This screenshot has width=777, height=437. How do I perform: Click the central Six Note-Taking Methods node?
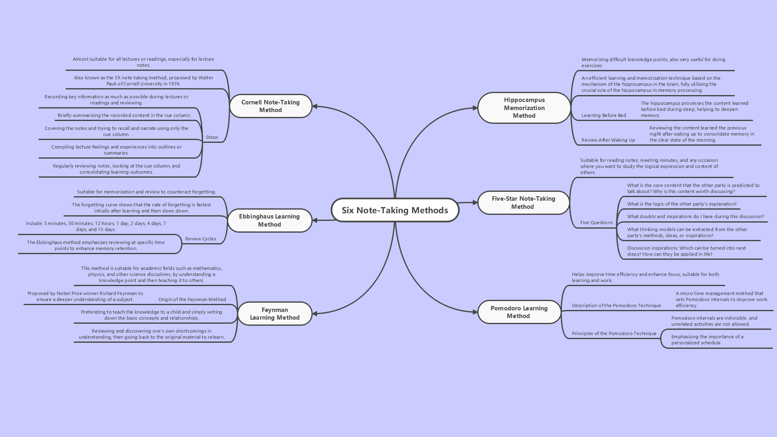(x=395, y=210)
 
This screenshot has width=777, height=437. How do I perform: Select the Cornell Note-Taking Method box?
(x=271, y=106)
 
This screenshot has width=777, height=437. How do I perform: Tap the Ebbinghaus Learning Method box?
(x=269, y=221)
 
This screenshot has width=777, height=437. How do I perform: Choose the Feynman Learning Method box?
(x=275, y=314)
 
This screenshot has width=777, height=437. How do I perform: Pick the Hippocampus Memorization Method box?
(x=524, y=108)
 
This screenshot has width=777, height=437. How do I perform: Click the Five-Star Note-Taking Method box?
(x=523, y=202)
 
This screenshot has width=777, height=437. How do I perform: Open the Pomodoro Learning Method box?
(x=519, y=312)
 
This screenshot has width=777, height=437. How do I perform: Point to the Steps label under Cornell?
(x=212, y=137)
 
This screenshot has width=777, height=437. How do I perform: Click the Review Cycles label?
(x=200, y=239)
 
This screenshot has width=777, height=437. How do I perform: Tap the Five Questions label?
(x=596, y=223)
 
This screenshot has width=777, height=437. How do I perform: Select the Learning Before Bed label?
(x=603, y=115)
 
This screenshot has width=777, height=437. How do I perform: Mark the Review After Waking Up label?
(x=608, y=140)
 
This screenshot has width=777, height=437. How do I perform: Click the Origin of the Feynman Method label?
(x=192, y=299)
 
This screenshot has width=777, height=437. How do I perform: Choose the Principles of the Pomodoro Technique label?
(x=614, y=333)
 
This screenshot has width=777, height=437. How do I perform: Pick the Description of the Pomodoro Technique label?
(x=616, y=305)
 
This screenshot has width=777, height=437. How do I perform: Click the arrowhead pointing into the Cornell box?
(x=315, y=106)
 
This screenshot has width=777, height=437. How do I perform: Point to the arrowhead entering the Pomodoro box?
(x=475, y=312)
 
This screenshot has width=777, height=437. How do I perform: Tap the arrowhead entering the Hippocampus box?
(x=475, y=108)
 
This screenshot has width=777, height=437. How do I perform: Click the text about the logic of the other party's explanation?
(x=682, y=204)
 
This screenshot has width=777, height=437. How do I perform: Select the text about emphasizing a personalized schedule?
(x=707, y=339)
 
